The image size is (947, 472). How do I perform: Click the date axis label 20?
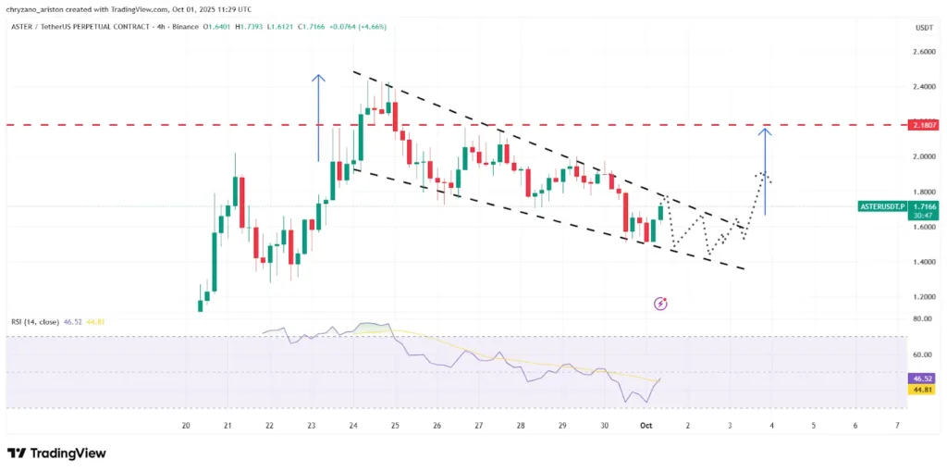[x=186, y=425]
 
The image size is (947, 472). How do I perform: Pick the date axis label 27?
[x=478, y=425]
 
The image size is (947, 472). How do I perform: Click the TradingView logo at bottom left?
[x=56, y=453]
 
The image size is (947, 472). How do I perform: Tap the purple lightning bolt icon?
[x=660, y=303]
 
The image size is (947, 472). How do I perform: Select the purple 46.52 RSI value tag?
[x=923, y=379]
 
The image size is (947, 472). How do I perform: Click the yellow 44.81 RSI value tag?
[x=923, y=390]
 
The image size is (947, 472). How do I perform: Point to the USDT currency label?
[x=923, y=28]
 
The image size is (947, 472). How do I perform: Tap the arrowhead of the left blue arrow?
[x=318, y=78]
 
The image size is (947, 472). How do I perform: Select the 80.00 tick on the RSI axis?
[x=923, y=319]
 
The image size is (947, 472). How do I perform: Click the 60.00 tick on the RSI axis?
[x=923, y=354]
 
